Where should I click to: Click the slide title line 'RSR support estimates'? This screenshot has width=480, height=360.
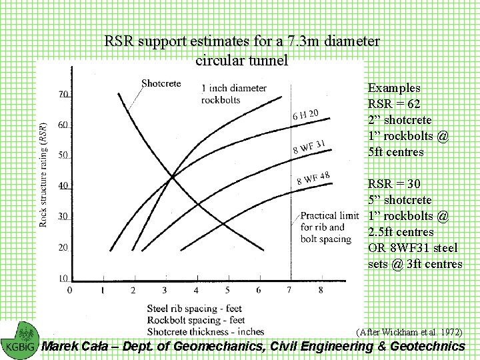242,41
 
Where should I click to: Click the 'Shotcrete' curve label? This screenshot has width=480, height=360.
161,83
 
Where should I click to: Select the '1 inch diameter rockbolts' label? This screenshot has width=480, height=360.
233,93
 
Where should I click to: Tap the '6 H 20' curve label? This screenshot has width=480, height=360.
305,115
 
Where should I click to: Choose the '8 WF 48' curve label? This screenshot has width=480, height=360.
313,178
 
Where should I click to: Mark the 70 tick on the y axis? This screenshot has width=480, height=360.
63,95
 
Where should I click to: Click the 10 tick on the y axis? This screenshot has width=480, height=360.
63,278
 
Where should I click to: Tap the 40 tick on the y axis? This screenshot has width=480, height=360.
63,186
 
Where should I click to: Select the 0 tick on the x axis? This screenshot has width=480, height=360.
71,291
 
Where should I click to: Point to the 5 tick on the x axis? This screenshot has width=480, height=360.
227,291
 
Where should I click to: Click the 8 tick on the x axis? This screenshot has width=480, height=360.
321,291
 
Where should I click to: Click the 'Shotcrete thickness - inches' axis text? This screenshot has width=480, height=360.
205,331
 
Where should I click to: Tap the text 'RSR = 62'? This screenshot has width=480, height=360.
394,104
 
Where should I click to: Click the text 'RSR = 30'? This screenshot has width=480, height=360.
394,184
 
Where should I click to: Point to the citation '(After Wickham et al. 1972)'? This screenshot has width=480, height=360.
409,331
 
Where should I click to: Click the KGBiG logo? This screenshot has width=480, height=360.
19,339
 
